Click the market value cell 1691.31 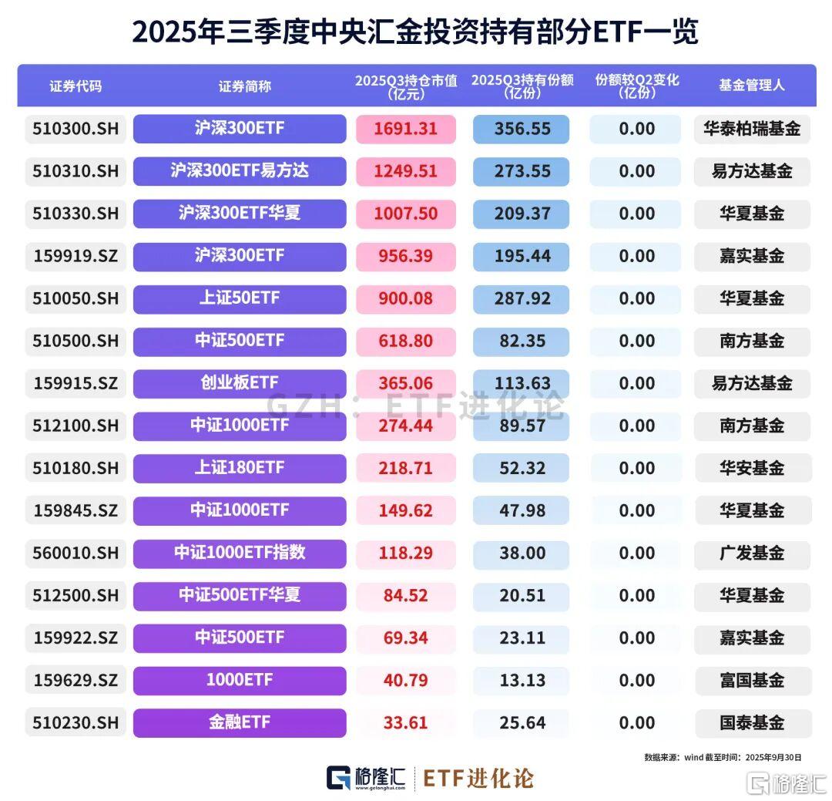click(x=405, y=129)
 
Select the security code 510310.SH click(x=75, y=171)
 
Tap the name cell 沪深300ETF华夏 click(x=240, y=214)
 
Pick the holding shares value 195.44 click(x=522, y=256)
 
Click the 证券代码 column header click(x=75, y=86)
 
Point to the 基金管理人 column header click(x=751, y=86)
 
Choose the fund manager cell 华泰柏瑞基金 click(x=751, y=129)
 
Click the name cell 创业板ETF click(x=240, y=383)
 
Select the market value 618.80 click(x=405, y=341)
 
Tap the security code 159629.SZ click(x=75, y=680)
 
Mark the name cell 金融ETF click(x=240, y=722)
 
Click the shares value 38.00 click(x=522, y=553)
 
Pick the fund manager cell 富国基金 click(x=751, y=680)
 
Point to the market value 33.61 click(x=405, y=722)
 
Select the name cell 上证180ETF click(x=240, y=468)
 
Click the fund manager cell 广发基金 click(x=751, y=553)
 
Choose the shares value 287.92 click(x=522, y=298)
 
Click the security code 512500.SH click(x=75, y=595)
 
